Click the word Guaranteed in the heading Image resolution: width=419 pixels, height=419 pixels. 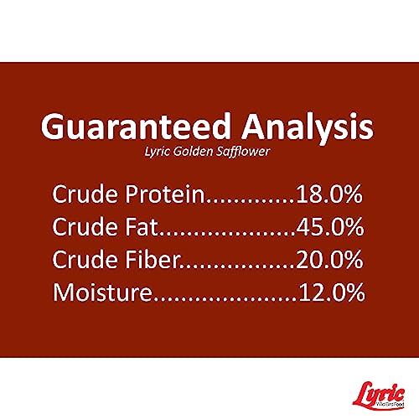pyautogui.click(x=136, y=127)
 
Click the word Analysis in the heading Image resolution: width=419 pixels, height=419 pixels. pyautogui.click(x=308, y=129)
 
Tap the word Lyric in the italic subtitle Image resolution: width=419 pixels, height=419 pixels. pyautogui.click(x=157, y=152)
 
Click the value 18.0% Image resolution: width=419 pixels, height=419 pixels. pyautogui.click(x=329, y=194)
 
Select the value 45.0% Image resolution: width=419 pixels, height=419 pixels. pyautogui.click(x=330, y=226)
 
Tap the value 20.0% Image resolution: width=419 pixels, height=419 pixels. pyautogui.click(x=329, y=260)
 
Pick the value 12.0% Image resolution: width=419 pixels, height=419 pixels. pyautogui.click(x=332, y=292)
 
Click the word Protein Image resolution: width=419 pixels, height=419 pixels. pyautogui.click(x=165, y=194)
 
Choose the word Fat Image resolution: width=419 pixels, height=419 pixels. pyautogui.click(x=142, y=226)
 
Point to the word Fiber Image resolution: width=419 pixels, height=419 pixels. pyautogui.click(x=152, y=259)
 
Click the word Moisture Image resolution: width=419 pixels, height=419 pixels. pyautogui.click(x=102, y=292)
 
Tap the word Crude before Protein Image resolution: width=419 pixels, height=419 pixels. pyautogui.click(x=85, y=194)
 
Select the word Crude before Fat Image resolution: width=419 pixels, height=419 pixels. pyautogui.click(x=85, y=226)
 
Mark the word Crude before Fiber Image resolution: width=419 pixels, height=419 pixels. pyautogui.click(x=85, y=259)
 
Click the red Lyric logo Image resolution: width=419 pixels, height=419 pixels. pyautogui.click(x=379, y=395)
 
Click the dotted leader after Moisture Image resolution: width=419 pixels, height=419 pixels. pyautogui.click(x=225, y=299)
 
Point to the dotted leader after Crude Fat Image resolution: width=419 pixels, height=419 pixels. pyautogui.click(x=227, y=234)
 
